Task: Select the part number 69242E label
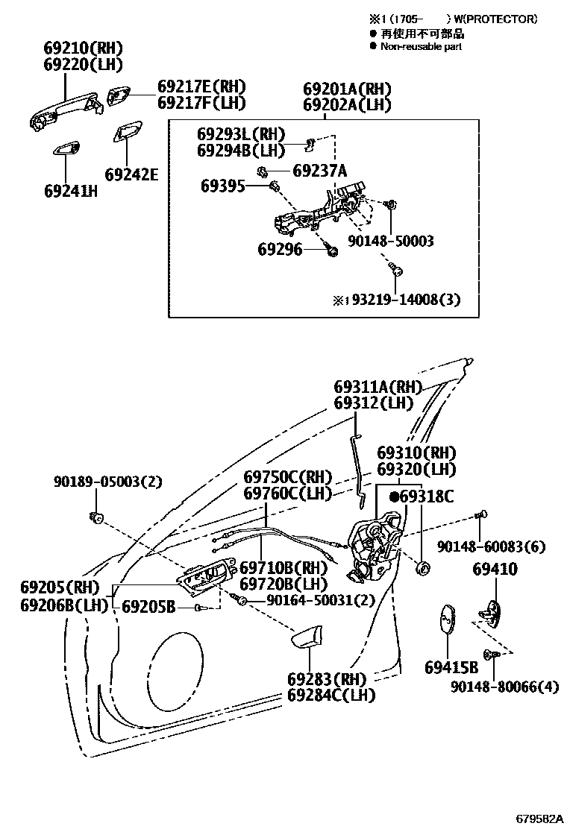pos(132,174)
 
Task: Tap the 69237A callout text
pos(319,171)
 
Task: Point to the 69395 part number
pos(222,186)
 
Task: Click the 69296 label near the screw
pos(280,249)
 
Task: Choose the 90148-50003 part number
pos(390,242)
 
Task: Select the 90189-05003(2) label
pos(107,482)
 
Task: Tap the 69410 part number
pos(495,570)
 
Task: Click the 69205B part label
pos(148,608)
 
